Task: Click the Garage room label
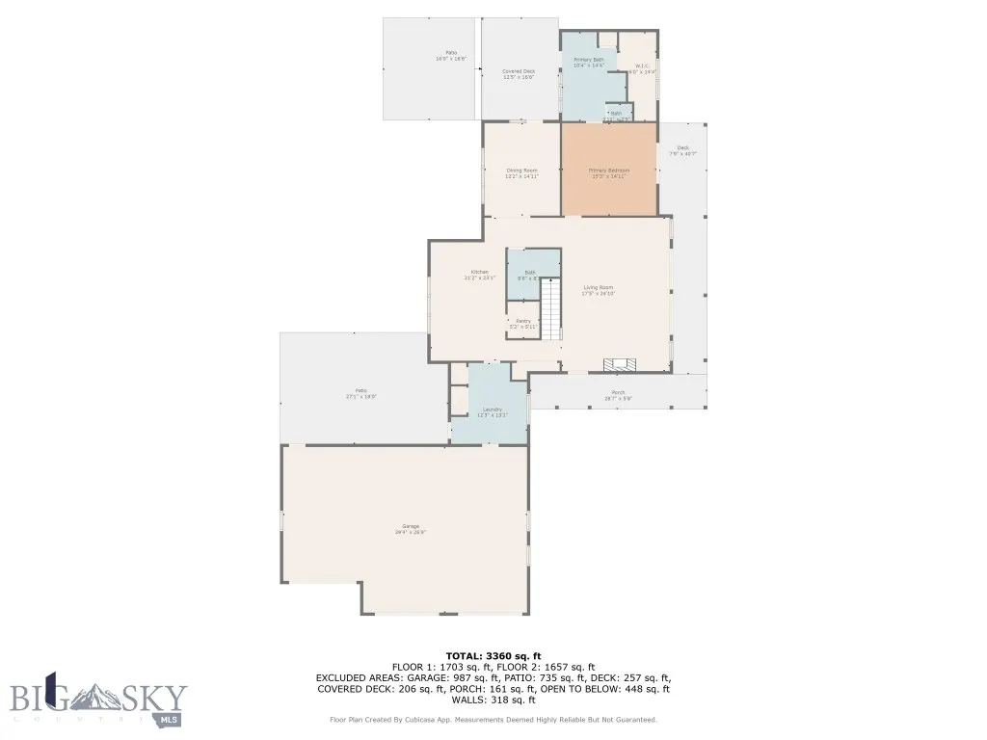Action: [410, 528]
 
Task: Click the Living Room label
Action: [598, 290]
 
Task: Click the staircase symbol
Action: [550, 309]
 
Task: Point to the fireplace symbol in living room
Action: [620, 365]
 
